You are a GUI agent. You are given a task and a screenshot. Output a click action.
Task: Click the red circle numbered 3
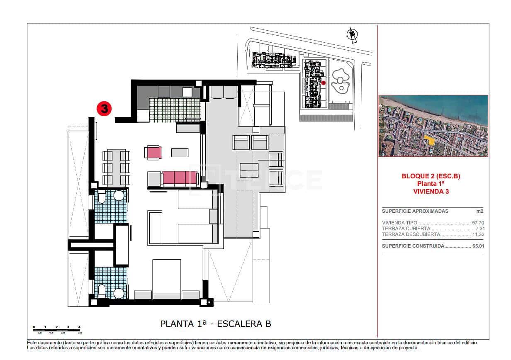pos(104,109)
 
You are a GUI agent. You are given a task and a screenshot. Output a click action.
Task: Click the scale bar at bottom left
pos(57,329)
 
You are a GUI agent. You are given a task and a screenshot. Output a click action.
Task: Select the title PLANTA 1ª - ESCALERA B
pos(216,324)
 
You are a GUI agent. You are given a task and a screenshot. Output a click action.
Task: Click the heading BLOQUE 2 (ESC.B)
pos(431,176)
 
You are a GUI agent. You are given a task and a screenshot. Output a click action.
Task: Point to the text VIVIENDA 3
pos(431,191)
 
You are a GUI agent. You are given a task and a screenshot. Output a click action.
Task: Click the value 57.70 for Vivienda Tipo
pos(478,223)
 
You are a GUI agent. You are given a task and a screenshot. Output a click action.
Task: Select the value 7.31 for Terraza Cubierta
pos(479,229)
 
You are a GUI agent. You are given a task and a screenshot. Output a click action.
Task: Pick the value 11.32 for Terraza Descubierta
pos(478,234)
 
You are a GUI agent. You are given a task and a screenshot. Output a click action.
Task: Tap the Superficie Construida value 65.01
pos(478,246)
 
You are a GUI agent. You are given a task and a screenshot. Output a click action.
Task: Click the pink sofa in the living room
pos(174,178)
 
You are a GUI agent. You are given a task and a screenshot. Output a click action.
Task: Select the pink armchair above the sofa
pos(153,152)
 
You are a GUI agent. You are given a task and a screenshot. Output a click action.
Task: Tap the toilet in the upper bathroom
pos(102,198)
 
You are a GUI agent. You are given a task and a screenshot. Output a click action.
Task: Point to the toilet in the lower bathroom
pos(102,291)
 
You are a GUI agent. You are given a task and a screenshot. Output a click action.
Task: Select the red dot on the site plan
pos(324,83)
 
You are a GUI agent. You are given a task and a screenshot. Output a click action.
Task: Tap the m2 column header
pos(480,211)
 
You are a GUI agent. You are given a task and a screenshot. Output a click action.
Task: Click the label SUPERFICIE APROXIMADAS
pos(409,211)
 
